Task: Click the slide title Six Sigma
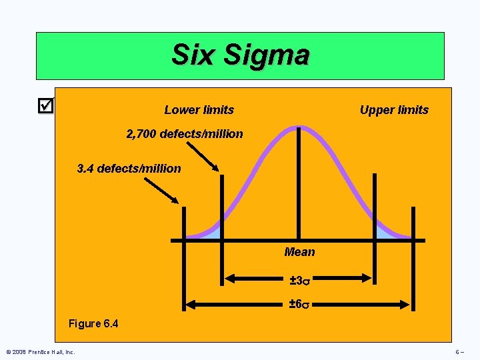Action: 240,55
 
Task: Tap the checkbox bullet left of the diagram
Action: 45,105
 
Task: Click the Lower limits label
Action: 199,110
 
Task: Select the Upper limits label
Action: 394,110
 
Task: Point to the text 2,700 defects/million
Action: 185,134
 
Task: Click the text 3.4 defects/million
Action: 129,169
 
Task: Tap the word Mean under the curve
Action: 299,252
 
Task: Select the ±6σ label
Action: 299,305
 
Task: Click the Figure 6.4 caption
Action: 93,324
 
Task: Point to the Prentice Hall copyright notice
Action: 40,351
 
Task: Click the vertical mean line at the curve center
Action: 298,187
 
